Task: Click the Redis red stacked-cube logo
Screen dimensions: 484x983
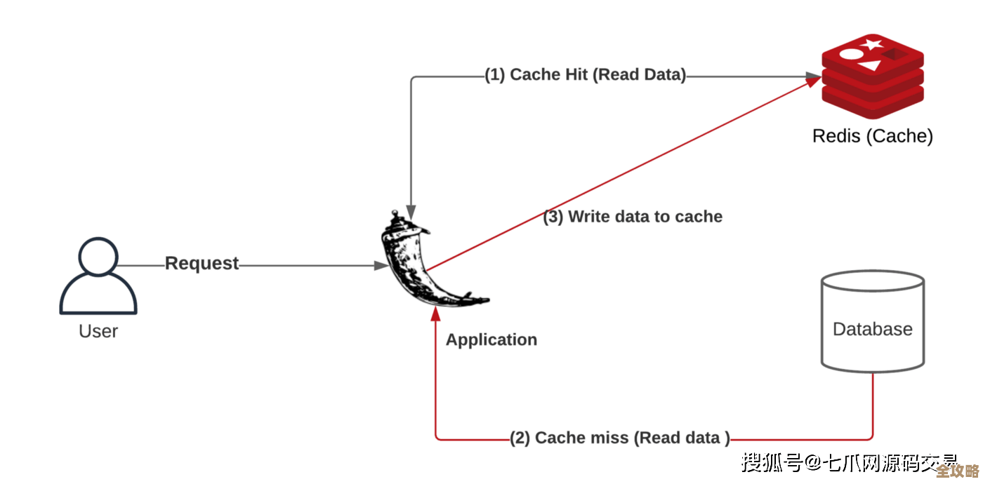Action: point(872,76)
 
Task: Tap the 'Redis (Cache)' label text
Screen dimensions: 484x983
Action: point(872,136)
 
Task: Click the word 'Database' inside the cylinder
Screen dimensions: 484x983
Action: point(873,329)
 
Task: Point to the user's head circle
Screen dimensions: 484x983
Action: point(98,257)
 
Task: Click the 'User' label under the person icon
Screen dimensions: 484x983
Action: point(98,331)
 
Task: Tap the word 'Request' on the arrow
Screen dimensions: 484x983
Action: point(202,264)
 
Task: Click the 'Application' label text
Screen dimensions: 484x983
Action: point(491,340)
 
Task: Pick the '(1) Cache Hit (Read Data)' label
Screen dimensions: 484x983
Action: point(585,75)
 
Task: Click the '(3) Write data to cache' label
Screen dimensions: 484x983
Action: point(633,217)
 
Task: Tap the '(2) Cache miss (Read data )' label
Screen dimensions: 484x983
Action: point(620,438)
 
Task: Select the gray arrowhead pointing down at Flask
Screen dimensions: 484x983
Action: point(411,210)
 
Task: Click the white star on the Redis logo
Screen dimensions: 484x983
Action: point(872,45)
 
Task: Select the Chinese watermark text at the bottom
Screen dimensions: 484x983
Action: point(850,463)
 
